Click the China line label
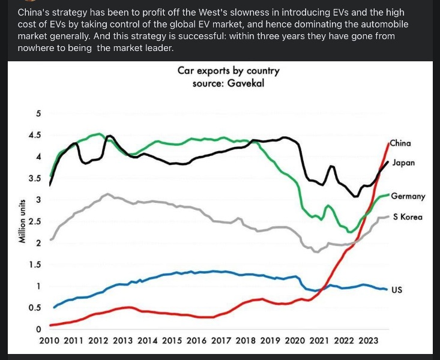coord(400,143)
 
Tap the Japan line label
coord(403,163)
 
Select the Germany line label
coord(408,196)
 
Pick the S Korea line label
coord(408,217)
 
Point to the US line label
coord(397,290)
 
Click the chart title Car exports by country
coord(228,71)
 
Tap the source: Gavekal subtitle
coord(228,83)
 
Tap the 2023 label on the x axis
coord(368,340)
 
